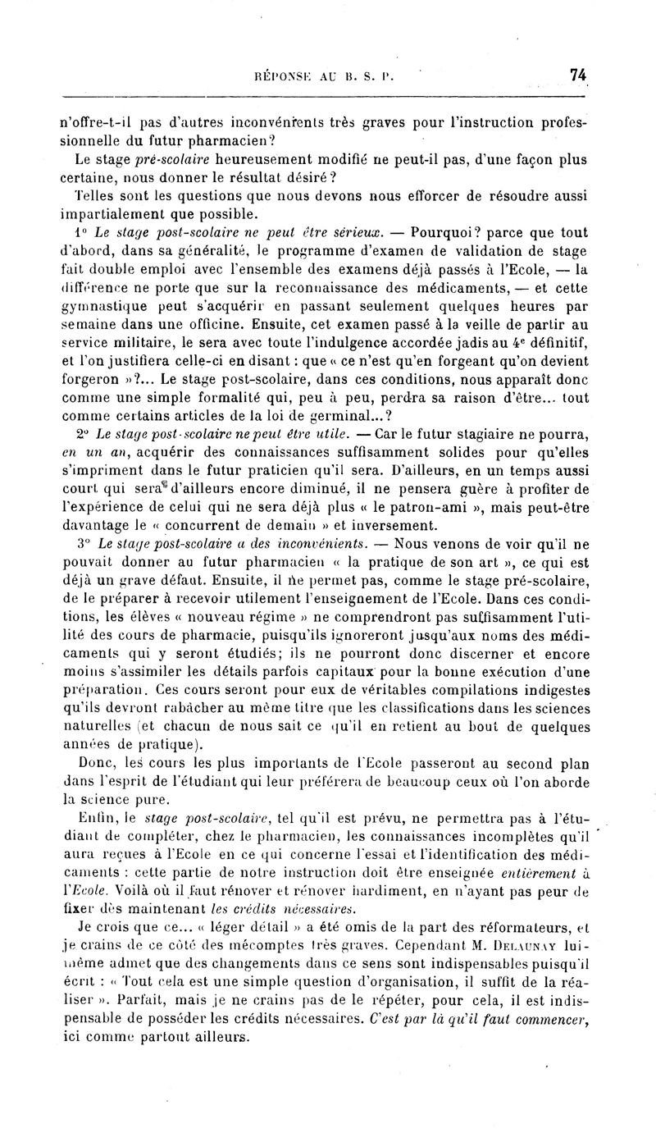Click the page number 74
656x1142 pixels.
[579, 75]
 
